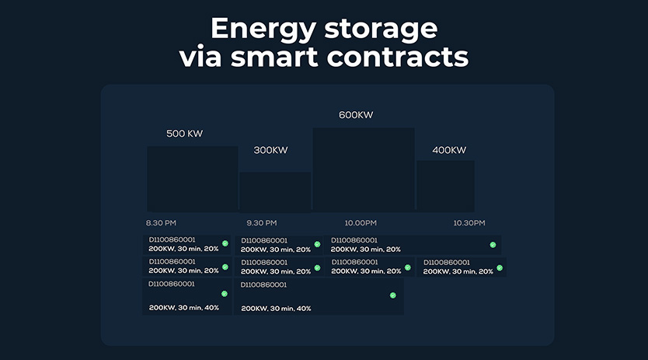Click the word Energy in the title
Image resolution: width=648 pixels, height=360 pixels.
pos(263,29)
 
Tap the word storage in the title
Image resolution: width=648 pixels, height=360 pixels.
pos(381,30)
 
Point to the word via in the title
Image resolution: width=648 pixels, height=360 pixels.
pos(200,56)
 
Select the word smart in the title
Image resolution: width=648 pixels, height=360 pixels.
pos(274,57)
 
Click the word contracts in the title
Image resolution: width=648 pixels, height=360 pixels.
pos(398,57)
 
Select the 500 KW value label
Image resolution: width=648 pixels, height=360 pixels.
pos(184,134)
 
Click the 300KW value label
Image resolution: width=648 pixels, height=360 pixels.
pos(270,150)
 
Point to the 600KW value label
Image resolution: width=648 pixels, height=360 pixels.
pos(356,115)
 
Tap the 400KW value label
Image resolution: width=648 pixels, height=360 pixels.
pos(449,150)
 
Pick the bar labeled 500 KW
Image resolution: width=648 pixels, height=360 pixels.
pos(193,179)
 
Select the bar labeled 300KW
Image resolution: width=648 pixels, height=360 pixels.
pos(275,192)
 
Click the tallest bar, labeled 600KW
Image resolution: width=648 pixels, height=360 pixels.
pos(364,170)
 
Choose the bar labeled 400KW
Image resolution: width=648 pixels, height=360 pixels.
pos(445,186)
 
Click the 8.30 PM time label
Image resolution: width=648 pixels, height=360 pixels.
pos(161,223)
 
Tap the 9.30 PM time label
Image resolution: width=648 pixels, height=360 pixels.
pos(262,223)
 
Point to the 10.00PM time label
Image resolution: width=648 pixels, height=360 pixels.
pos(361,223)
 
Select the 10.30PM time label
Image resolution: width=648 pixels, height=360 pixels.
pos(469,223)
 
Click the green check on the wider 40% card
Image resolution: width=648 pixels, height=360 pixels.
pos(393,295)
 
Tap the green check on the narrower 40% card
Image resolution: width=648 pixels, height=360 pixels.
pos(225,294)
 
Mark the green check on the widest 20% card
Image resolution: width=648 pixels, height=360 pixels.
pos(493,245)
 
